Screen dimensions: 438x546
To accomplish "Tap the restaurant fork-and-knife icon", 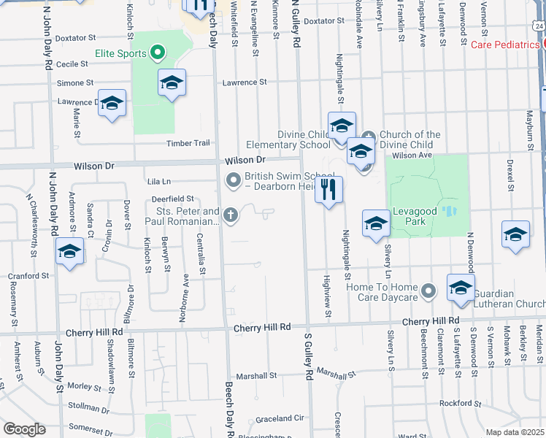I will (x=328, y=190).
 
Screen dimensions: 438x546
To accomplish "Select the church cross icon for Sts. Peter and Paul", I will (x=231, y=215).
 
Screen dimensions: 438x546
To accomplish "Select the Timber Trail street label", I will (x=188, y=143).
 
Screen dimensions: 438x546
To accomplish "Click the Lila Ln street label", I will (x=158, y=181).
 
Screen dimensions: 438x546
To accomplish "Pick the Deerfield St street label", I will (x=172, y=199).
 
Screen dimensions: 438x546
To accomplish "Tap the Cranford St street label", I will (x=29, y=277).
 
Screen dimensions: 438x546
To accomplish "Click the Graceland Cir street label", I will (x=280, y=419).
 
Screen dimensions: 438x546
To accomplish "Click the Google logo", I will (x=24, y=429).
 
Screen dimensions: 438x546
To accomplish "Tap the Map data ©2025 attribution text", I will (x=515, y=432).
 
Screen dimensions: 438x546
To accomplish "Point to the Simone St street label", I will (x=75, y=83).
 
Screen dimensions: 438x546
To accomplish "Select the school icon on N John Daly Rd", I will (x=70, y=253).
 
